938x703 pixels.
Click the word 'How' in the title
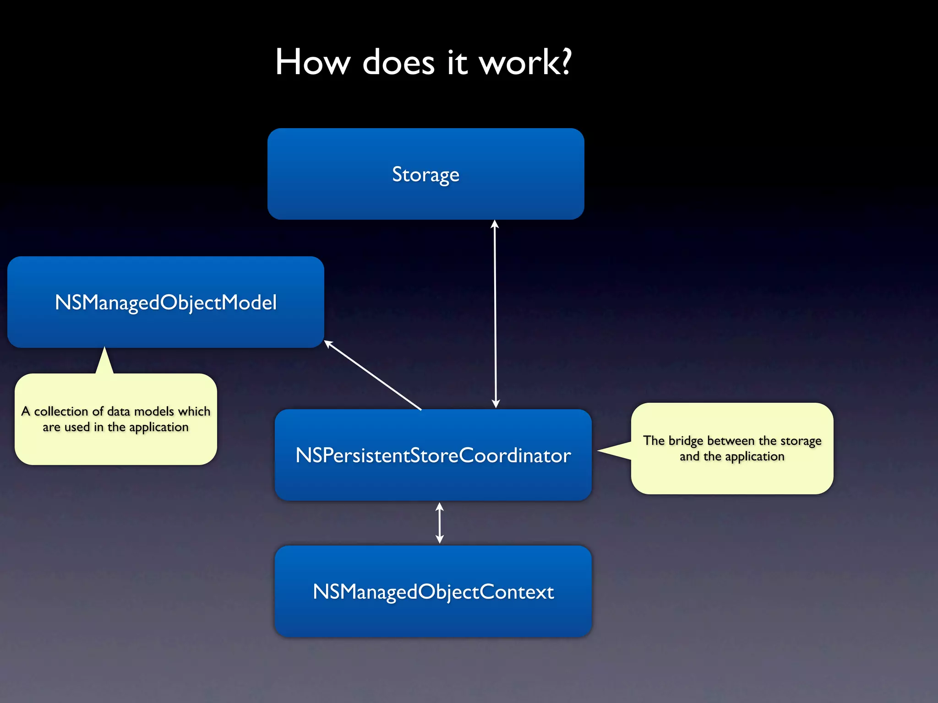coord(312,62)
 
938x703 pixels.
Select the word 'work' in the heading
coord(518,63)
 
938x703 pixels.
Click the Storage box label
coord(425,174)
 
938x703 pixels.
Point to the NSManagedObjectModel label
coord(166,303)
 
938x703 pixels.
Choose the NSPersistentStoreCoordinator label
coord(433,455)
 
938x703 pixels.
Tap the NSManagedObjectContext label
coord(433,592)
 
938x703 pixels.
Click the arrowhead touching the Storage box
coord(495,224)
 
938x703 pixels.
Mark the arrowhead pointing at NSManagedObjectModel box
coord(328,343)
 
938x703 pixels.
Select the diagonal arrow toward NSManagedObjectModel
coord(373,375)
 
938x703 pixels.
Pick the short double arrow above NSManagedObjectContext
coord(440,523)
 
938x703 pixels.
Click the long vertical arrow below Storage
coord(495,314)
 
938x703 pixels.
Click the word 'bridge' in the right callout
coord(686,441)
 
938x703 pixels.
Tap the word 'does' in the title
coord(398,62)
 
